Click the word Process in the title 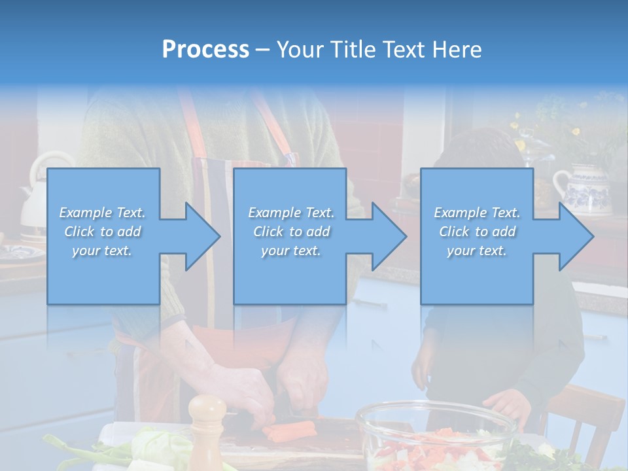205,50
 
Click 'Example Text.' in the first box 103,213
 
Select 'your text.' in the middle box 290,251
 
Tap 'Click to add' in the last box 477,232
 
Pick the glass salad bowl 435,432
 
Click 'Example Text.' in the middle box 290,213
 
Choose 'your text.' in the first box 103,251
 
